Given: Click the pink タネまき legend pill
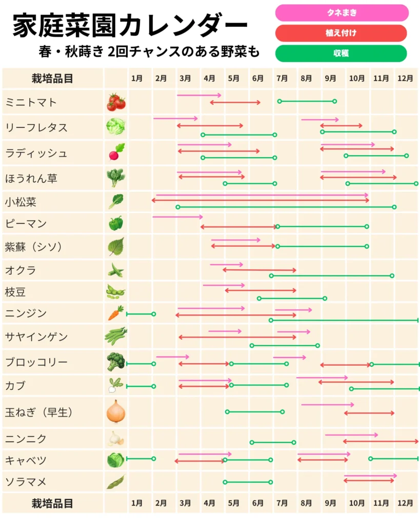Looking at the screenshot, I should pos(342,13).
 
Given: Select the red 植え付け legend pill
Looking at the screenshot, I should pos(341,33).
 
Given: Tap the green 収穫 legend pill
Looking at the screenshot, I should pos(341,53).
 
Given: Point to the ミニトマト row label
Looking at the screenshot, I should pos(31,102).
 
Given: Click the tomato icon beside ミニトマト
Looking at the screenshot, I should pos(116,102).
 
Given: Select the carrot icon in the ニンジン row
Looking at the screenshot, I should pos(115,313).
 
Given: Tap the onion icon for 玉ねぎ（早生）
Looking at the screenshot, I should pos(115,412).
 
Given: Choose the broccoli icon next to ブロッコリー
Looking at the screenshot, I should pos(115,362).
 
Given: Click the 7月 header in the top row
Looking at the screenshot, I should pos(282,79).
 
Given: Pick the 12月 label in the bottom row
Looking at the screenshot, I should pos(405,503).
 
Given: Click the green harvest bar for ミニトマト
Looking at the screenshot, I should pos(307,101).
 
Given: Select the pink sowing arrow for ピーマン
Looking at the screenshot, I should pos(177,217).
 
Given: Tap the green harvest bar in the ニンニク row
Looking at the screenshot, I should pos(272,442).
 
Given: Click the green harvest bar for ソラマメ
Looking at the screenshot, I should pos(248,482).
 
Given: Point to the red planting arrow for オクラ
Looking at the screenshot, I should pos(259,270).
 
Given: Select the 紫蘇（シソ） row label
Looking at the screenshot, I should pos(34,247).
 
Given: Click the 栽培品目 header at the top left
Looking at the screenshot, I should pos(52,79).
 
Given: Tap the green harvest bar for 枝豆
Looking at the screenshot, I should pos(292,298).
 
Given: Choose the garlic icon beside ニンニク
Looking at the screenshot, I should pos(115,439).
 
